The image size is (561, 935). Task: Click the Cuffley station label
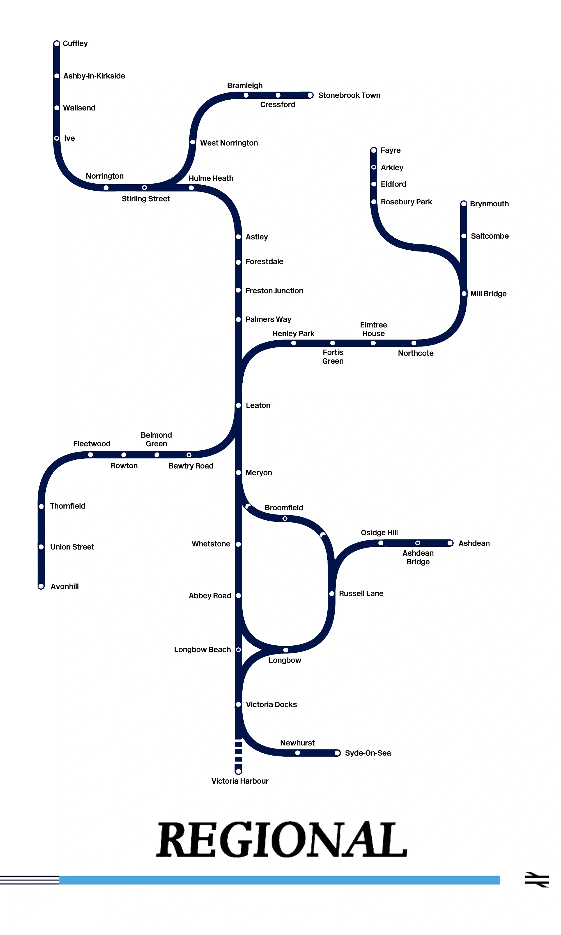[75, 43]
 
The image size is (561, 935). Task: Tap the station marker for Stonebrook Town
[310, 95]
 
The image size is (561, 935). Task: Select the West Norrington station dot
[192, 142]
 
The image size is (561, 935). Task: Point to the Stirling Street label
[146, 199]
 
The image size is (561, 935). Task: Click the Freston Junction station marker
[238, 290]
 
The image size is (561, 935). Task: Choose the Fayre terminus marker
[374, 150]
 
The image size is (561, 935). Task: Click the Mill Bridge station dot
[464, 294]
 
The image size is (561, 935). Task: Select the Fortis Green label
[333, 357]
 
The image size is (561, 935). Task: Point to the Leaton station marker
[238, 405]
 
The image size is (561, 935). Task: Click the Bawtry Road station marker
[189, 455]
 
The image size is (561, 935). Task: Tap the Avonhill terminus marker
[41, 586]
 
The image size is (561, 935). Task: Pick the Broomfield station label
[284, 508]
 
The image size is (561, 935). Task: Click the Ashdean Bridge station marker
[417, 543]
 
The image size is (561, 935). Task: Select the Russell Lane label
[361, 594]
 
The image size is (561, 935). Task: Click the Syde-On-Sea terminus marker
[337, 753]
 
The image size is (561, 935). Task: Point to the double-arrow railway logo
[537, 879]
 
